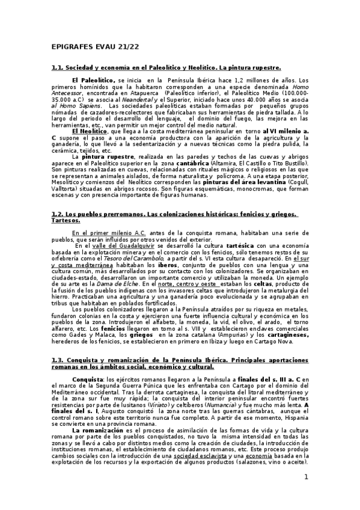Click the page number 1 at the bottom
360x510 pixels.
point(305,478)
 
